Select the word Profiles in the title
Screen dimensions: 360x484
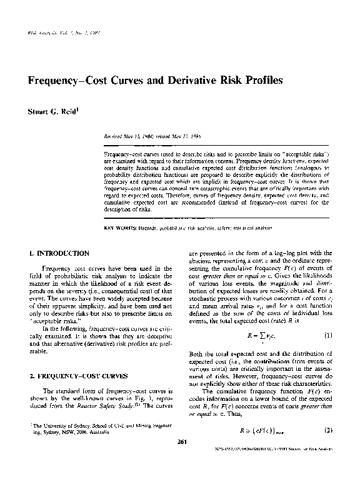point(263,81)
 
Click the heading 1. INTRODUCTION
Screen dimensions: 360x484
point(59,253)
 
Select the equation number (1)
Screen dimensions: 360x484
point(326,335)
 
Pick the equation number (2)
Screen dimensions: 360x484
point(326,431)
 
